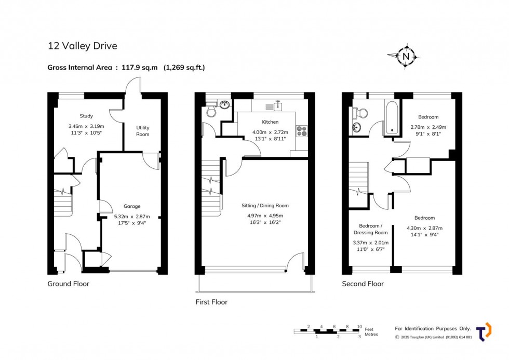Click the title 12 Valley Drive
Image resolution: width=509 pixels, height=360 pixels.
coord(83,46)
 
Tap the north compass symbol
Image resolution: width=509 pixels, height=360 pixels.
coord(405,56)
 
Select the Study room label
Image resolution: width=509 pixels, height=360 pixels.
coord(86,116)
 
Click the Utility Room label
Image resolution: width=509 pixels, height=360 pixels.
coord(142,131)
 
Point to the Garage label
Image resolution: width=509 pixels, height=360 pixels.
coord(132,206)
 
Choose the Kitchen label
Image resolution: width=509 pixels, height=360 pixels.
coord(270,122)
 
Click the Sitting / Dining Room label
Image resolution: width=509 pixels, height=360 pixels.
coord(265,206)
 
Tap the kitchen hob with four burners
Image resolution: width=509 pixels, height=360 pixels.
coord(302,131)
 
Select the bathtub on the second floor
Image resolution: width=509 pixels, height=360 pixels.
coord(392,118)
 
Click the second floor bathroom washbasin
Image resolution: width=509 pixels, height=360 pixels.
coord(356,128)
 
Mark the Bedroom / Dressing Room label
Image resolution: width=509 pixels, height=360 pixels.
coord(371,229)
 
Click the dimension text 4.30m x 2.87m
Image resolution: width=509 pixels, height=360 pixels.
coord(425,228)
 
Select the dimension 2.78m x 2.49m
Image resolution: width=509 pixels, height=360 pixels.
coord(428,127)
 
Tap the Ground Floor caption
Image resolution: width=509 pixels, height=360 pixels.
coord(68,284)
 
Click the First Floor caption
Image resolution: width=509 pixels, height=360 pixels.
coord(211,302)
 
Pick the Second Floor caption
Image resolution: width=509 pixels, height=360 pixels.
coord(363,284)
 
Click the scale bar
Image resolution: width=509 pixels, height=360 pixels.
coord(327,331)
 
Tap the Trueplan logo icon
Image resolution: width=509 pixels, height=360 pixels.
coord(484,332)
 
